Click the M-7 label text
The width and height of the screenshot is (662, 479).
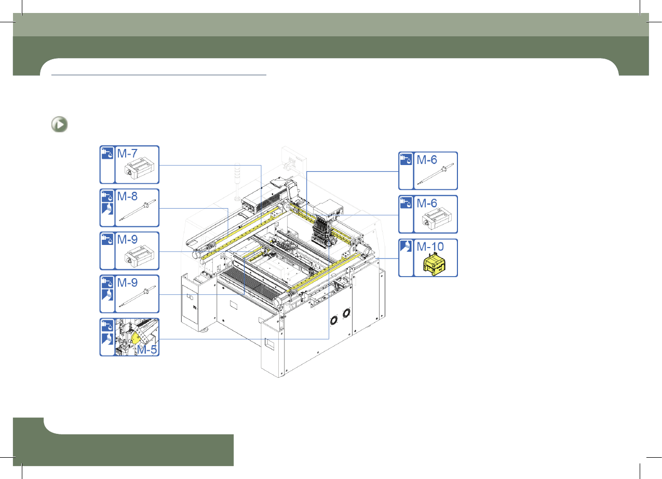point(127,153)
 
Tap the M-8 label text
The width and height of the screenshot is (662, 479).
point(127,196)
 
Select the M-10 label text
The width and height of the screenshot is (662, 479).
point(430,247)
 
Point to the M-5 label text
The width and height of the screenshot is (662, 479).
point(147,350)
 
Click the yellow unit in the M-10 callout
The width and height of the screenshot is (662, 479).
point(435,264)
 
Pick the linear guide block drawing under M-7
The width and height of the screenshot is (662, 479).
point(139,170)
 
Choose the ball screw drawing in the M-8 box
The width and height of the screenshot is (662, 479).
point(137,210)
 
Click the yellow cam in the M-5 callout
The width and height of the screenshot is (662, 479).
point(135,337)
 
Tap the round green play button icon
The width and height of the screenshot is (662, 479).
point(59,125)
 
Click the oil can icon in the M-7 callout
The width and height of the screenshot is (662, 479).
point(107,153)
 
